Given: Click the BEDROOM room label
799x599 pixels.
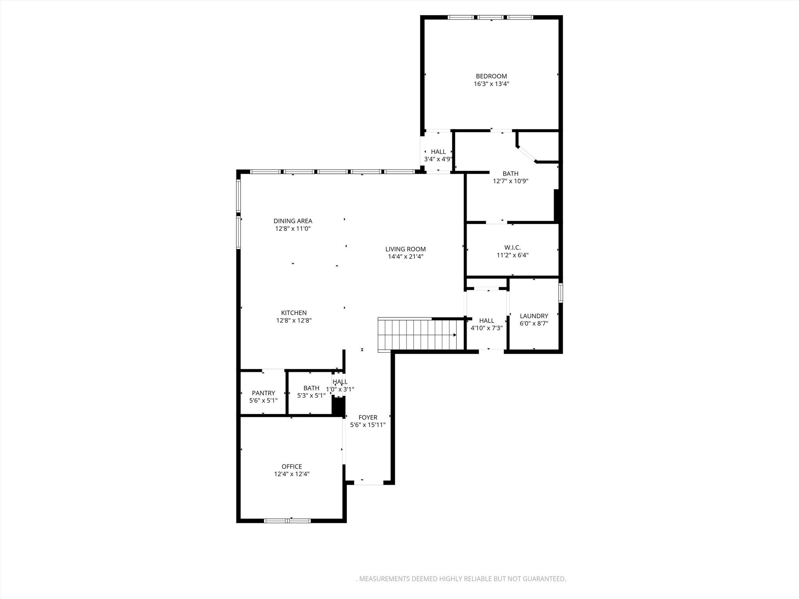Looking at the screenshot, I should click(x=491, y=76).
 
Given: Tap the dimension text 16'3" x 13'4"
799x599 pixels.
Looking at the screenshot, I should click(x=491, y=84).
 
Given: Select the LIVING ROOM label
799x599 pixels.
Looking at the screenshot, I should click(x=405, y=249).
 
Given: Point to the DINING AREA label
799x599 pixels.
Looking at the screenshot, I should click(x=293, y=221).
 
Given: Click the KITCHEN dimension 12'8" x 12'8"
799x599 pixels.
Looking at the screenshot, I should click(x=294, y=321).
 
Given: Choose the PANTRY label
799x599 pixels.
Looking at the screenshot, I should click(x=263, y=393).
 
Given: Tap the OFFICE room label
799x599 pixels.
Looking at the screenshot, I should click(x=292, y=466).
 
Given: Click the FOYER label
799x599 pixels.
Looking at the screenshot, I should click(x=368, y=418).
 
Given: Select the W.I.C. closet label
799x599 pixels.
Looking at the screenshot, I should click(x=512, y=248).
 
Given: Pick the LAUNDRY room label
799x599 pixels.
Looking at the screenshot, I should click(x=534, y=316).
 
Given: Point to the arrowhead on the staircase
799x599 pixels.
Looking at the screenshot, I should click(x=455, y=335).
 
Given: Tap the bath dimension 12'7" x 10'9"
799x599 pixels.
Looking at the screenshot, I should click(x=510, y=181).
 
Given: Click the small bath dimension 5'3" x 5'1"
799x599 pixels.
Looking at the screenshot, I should click(x=311, y=395).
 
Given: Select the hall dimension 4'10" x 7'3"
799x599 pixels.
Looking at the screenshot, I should click(x=486, y=328).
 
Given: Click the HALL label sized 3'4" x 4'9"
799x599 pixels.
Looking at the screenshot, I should click(x=438, y=152).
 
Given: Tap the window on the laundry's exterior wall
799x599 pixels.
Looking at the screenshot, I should click(x=561, y=293).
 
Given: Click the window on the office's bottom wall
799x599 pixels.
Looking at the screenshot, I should click(x=288, y=521).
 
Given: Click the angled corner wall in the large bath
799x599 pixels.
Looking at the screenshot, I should click(x=527, y=154).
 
